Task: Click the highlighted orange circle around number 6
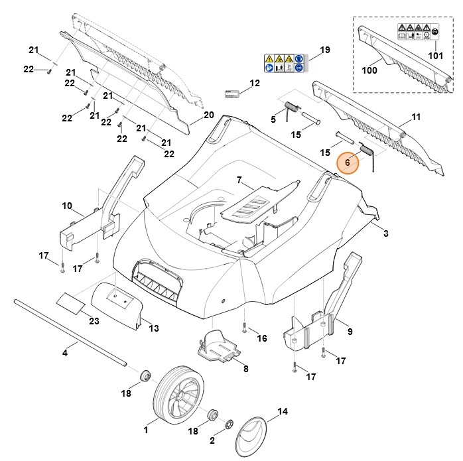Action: pyautogui.click(x=348, y=163)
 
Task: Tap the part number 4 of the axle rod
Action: pyautogui.click(x=65, y=352)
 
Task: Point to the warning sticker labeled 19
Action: pyautogui.click(x=284, y=63)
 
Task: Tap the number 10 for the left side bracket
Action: pyautogui.click(x=67, y=206)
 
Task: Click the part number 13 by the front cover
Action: pyautogui.click(x=154, y=328)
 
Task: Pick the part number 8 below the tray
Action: pyautogui.click(x=245, y=369)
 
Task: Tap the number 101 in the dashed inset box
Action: pyautogui.click(x=434, y=56)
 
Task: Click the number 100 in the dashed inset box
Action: pyautogui.click(x=369, y=69)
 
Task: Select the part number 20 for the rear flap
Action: pyautogui.click(x=208, y=115)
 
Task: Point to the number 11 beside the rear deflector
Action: pyautogui.click(x=416, y=117)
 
